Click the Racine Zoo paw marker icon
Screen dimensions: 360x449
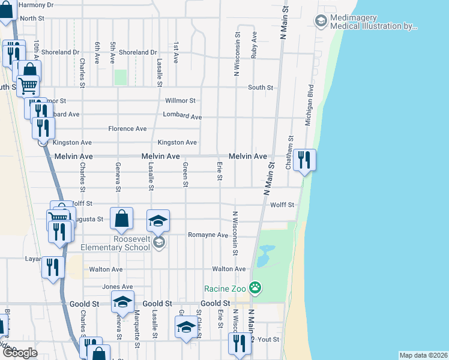pyautogui.click(x=256, y=288)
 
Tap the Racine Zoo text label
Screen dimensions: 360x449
pyautogui.click(x=225, y=289)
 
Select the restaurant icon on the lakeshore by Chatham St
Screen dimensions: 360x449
pyautogui.click(x=304, y=160)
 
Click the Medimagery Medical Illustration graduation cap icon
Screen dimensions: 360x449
pyautogui.click(x=321, y=22)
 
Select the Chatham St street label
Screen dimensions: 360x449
pyautogui.click(x=289, y=152)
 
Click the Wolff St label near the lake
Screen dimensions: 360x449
pyautogui.click(x=282, y=205)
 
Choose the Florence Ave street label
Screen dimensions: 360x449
pyautogui.click(x=127, y=129)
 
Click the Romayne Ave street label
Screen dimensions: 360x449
pyautogui.click(x=208, y=235)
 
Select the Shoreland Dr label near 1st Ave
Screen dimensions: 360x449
pyautogui.click(x=137, y=53)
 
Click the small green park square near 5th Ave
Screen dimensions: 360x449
pyautogui.click(x=121, y=77)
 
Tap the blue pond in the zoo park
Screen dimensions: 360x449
pyautogui.click(x=264, y=256)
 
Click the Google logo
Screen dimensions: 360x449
pyautogui.click(x=19, y=352)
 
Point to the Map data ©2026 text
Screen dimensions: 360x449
pyautogui.click(x=423, y=355)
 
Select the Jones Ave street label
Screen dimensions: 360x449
pyautogui.click(x=118, y=287)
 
